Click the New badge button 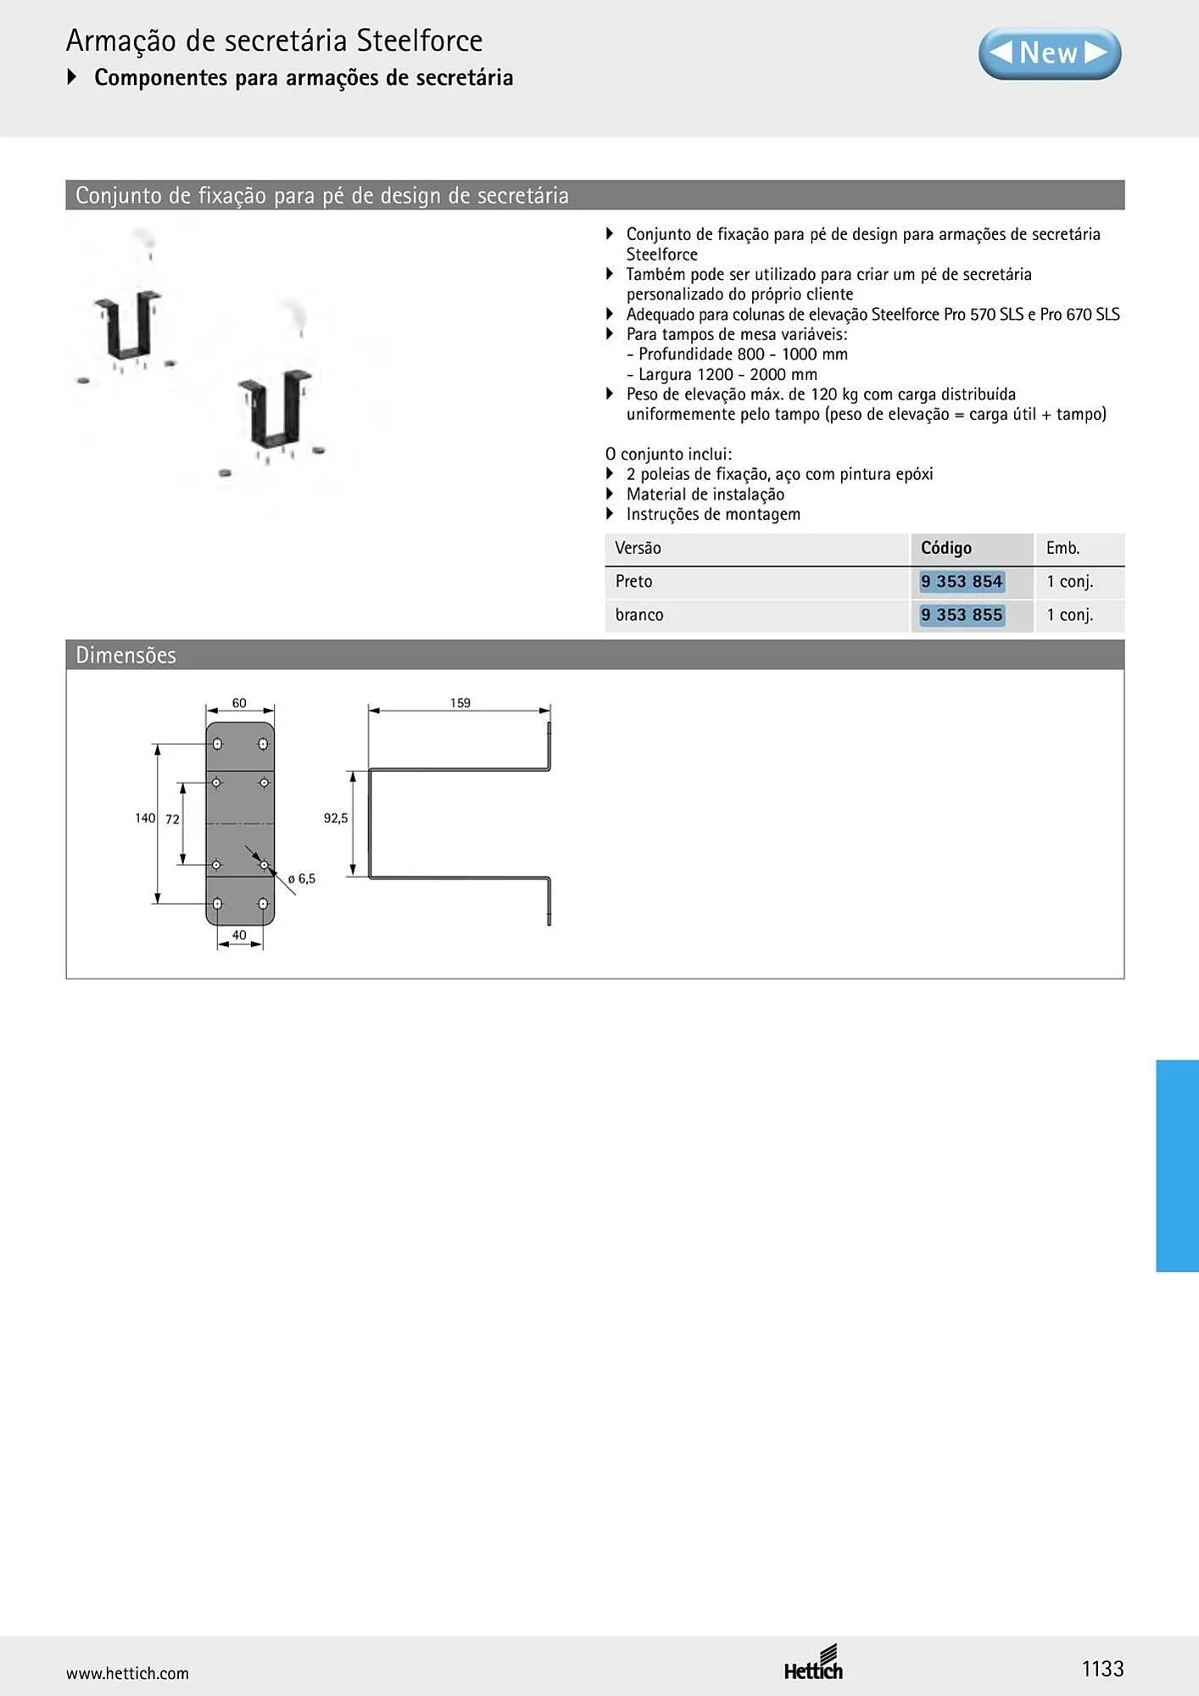pos(1050,53)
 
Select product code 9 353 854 pos(962,582)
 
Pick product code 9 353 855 pos(962,615)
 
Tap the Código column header pos(946,548)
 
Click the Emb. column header pos(1062,548)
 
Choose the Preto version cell pos(633,582)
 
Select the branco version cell pos(639,615)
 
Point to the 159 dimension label pos(460,703)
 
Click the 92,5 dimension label pos(336,818)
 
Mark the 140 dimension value pos(145,818)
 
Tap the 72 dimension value pos(172,819)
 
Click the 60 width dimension pos(239,703)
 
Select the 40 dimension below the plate pos(239,935)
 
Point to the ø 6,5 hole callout pos(302,879)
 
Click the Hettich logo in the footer pos(813,1663)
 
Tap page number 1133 pos(1102,1669)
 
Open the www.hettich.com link pos(127,1673)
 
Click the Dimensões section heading pos(125,655)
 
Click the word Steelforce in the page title pos(420,41)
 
